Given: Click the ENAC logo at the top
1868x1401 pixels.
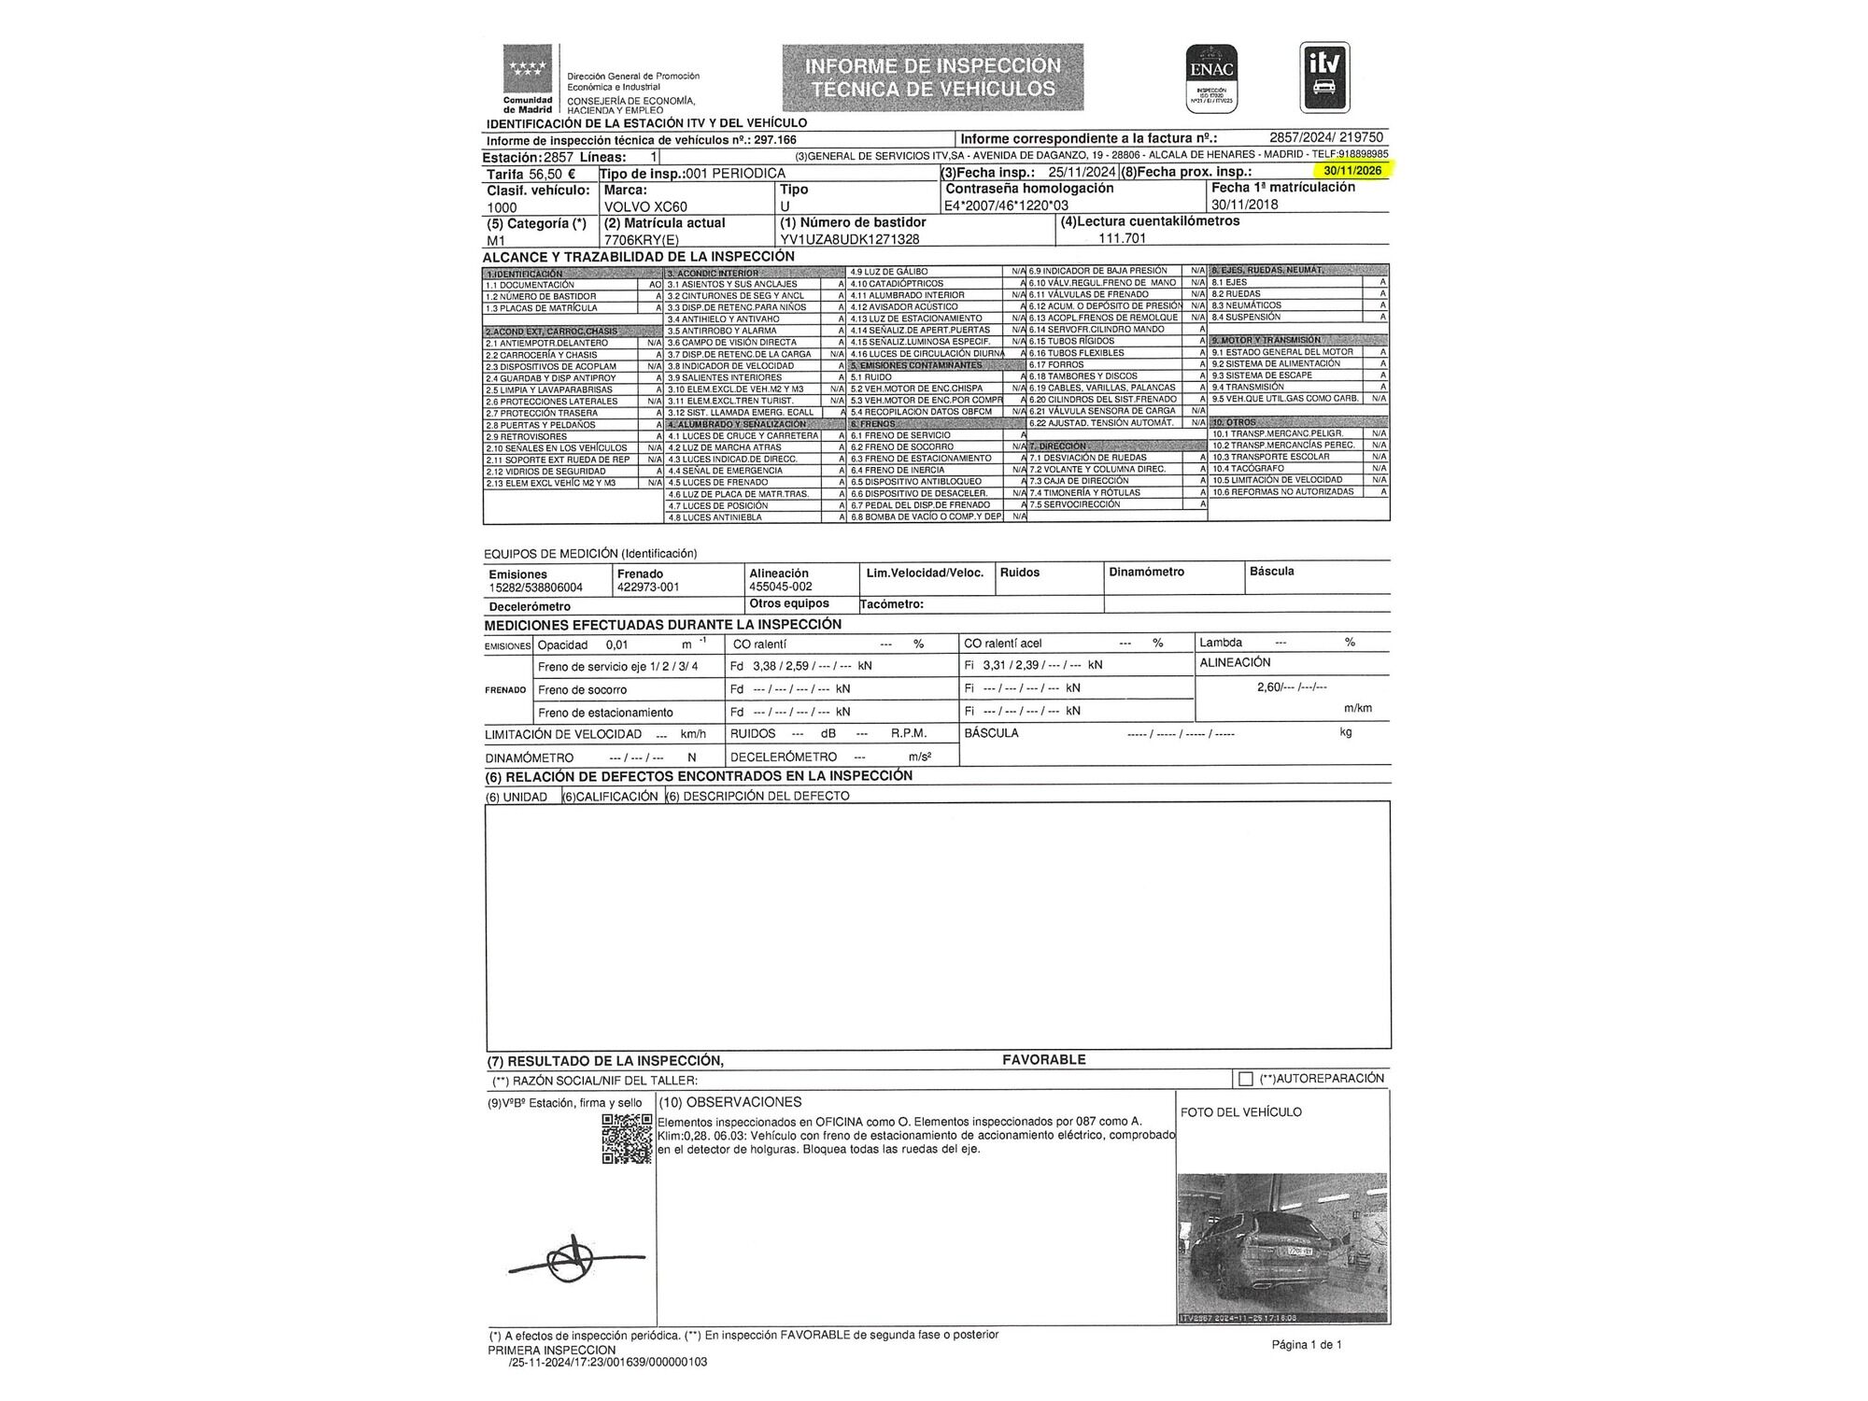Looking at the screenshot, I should (x=1211, y=79).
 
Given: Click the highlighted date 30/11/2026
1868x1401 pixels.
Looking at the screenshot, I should (x=1351, y=171).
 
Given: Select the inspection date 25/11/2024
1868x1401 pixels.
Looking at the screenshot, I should (x=1082, y=173).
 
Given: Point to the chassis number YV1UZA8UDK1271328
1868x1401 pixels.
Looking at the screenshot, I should (x=849, y=239).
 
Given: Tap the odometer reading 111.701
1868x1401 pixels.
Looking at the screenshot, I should (x=1122, y=238).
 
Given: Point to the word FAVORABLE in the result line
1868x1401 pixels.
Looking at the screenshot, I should (x=1043, y=1059).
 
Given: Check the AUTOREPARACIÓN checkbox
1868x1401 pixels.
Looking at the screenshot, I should (x=1245, y=1079).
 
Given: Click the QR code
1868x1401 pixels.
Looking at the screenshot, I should (x=626, y=1139).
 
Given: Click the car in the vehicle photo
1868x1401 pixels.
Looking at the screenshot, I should (x=1261, y=1252).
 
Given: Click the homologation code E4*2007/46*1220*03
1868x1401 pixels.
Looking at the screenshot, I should (x=1007, y=205).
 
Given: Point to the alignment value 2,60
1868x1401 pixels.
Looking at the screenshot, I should (x=1269, y=686).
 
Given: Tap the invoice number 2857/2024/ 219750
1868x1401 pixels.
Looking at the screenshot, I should (x=1326, y=137).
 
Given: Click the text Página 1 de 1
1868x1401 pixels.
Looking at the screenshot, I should (x=1306, y=1345).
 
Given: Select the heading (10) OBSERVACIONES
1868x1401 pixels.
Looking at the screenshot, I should (x=729, y=1102).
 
